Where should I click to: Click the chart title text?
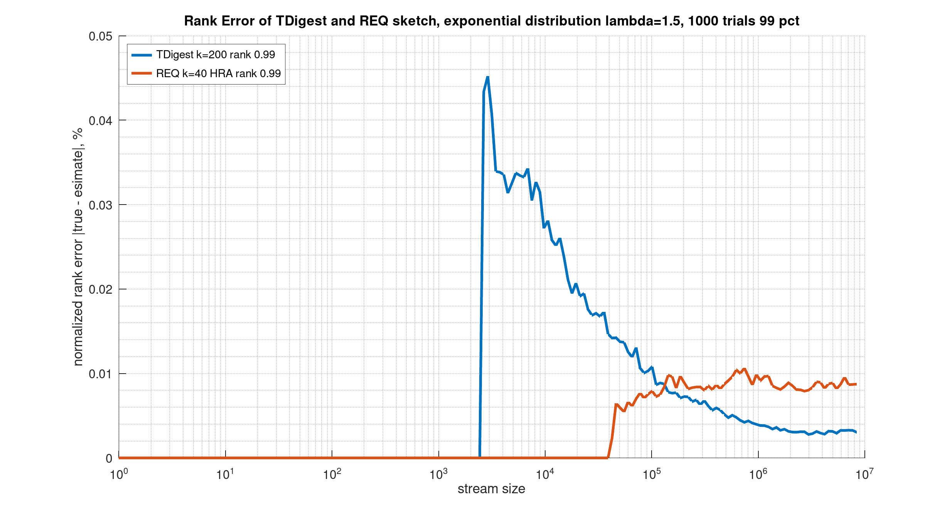492,21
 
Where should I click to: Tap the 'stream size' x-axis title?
491,489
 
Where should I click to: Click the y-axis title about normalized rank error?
78,247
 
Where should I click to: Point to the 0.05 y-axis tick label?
100,36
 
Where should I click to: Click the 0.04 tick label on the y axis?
100,120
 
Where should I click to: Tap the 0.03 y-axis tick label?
100,205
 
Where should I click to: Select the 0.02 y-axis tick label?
100,289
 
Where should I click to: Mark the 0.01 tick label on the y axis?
100,374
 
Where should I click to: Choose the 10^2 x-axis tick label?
332,474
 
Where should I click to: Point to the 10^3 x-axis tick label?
438,474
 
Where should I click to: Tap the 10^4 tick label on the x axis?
545,474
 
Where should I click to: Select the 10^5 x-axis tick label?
652,474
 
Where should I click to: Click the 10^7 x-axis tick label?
864,474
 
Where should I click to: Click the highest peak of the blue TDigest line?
488,77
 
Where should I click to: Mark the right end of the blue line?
856,432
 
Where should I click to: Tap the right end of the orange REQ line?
856,384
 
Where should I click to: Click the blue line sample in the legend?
141,55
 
